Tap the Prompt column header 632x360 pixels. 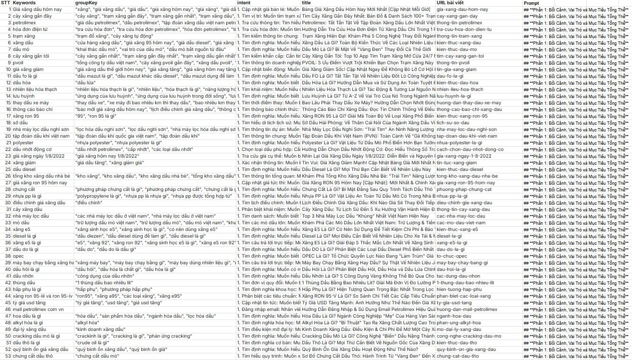pyautogui.click(x=531, y=3)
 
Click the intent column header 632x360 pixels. pyautogui.click(x=243, y=3)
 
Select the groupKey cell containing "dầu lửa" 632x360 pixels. pyautogui.click(x=86, y=82)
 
